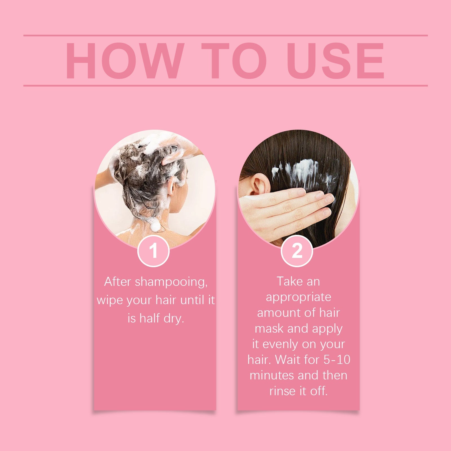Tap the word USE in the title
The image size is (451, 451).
pyautogui.click(x=335, y=61)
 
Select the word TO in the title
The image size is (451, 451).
pyautogui.click(x=234, y=61)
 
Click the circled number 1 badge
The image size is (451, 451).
pyautogui.click(x=153, y=251)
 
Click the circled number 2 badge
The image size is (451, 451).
pyautogui.click(x=297, y=251)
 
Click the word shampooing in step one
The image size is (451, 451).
pyautogui.click(x=171, y=282)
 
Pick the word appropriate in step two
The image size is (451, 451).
pyautogui.click(x=298, y=297)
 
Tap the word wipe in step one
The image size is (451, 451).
pyautogui.click(x=110, y=300)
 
